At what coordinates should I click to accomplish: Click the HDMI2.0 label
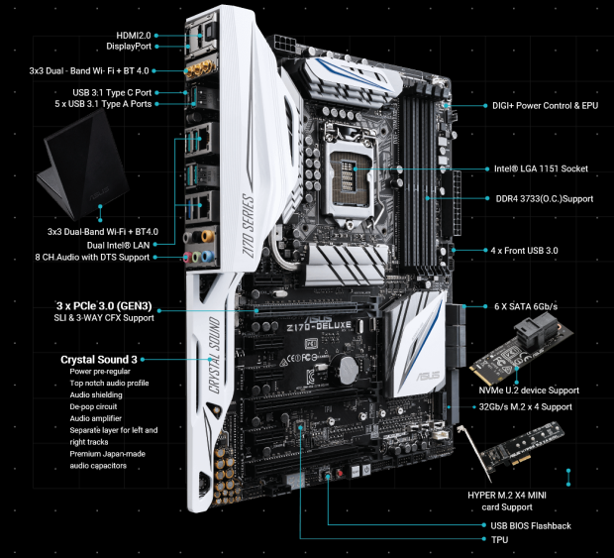[x=134, y=36]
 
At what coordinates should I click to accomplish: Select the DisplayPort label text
[x=129, y=47]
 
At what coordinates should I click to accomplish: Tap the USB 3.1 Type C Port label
[x=112, y=92]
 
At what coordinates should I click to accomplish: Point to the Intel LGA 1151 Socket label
[x=541, y=168]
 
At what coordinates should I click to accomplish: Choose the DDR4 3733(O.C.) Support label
[x=545, y=198]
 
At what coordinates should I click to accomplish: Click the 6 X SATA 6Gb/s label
[x=526, y=306]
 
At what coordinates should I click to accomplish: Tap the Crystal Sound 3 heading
[x=99, y=360]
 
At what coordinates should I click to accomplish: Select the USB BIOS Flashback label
[x=531, y=525]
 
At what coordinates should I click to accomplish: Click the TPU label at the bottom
[x=500, y=539]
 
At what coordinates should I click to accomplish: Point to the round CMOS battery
[x=349, y=371]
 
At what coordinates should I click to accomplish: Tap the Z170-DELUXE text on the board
[x=319, y=326]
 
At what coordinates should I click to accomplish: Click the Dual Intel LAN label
[x=118, y=245]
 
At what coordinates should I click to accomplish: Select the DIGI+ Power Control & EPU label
[x=545, y=105]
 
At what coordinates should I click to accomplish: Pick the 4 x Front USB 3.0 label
[x=524, y=251]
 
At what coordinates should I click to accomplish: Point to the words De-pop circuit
[x=93, y=406]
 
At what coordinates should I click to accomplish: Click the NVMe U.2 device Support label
[x=529, y=391]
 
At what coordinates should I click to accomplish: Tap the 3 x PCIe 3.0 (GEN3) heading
[x=104, y=305]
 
